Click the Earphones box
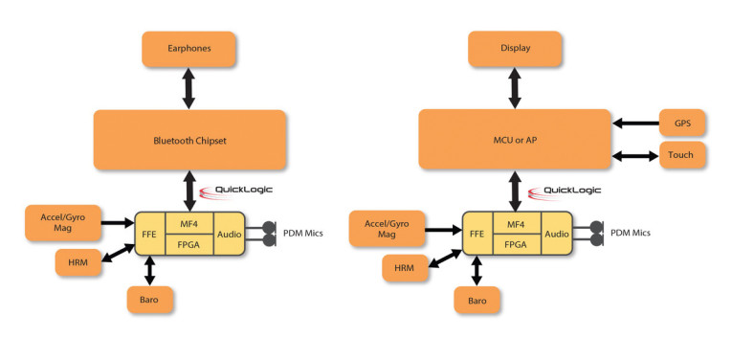click(x=189, y=48)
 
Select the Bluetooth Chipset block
click(x=189, y=141)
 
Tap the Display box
click(x=516, y=48)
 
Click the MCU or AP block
click(x=515, y=140)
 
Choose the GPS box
click(x=683, y=123)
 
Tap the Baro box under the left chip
click(x=149, y=299)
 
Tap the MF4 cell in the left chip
click(x=189, y=223)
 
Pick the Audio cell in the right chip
click(x=557, y=234)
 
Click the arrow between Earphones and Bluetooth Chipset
click(x=189, y=87)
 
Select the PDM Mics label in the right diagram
click(x=632, y=234)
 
